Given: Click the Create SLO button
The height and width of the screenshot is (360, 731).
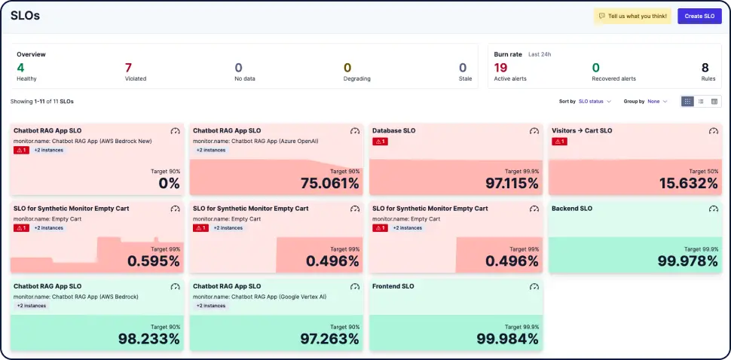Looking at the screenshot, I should tap(699, 16).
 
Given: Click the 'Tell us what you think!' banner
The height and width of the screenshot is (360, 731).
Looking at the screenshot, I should tap(632, 16).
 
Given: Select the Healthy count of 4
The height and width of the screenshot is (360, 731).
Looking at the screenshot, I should tap(20, 68).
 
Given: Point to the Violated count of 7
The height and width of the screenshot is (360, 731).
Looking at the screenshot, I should tap(128, 68).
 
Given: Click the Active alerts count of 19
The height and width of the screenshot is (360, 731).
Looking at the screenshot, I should tap(500, 68).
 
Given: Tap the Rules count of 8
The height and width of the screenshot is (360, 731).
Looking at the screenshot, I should tap(705, 68).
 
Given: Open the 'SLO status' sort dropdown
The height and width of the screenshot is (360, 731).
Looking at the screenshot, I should tap(595, 101).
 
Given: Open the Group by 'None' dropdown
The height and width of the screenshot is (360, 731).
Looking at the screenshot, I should tap(656, 101).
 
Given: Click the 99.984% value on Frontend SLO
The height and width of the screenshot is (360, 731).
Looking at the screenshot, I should tap(508, 339).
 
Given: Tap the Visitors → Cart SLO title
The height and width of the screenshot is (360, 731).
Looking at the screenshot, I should tap(582, 130).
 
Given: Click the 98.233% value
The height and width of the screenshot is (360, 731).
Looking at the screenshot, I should tap(149, 339).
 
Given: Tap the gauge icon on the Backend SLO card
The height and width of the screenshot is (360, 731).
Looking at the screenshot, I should tap(713, 209).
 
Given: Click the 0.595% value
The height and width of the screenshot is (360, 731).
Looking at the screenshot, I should tap(154, 261).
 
